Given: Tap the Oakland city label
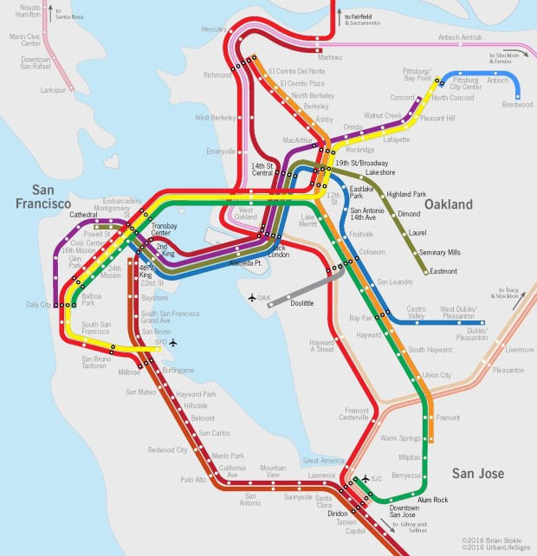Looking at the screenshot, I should coord(449,204).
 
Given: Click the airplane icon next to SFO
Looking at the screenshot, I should coord(173,343).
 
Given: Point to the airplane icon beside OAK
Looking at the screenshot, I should coord(252,298).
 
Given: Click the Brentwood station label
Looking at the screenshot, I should coord(517,105).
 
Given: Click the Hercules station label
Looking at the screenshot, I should coord(213,29).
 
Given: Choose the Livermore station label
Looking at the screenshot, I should coord(520,350).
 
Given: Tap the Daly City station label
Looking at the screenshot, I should coord(38,305).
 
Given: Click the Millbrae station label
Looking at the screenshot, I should coord(128,373).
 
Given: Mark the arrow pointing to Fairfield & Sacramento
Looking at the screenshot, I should coord(334,15).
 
